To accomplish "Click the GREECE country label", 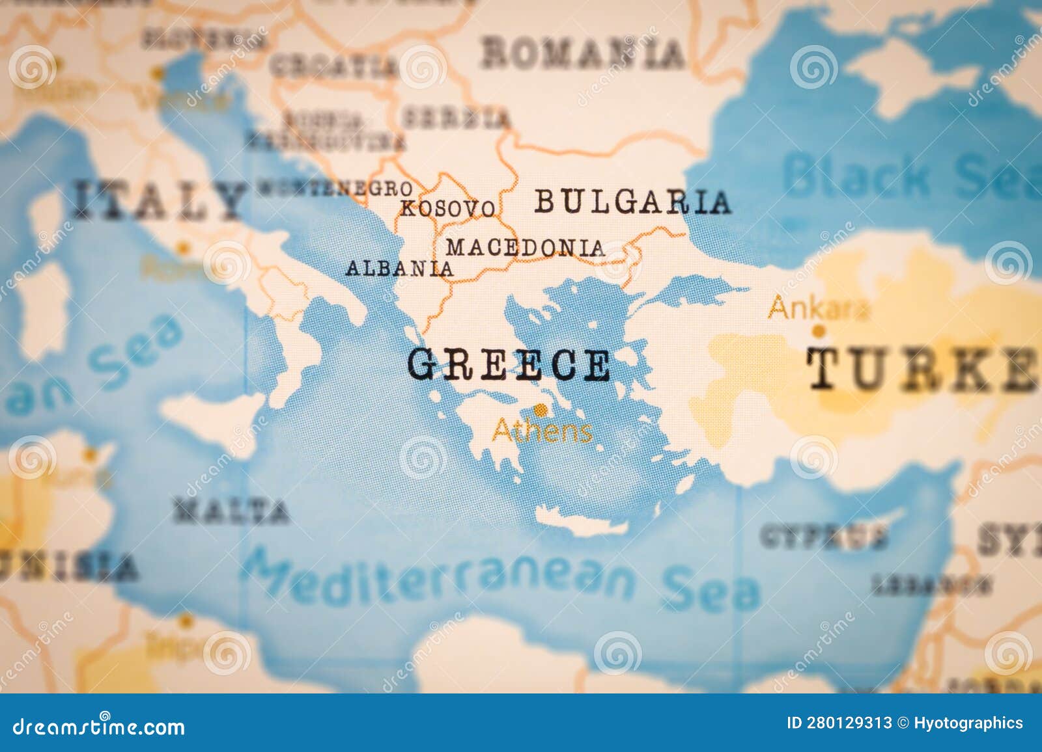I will (509, 364).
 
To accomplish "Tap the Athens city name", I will (542, 431).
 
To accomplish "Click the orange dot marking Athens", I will (540, 410).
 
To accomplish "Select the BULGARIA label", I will (632, 202).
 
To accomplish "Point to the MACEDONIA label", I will (525, 248).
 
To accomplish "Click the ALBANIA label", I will (399, 268).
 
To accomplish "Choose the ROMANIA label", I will (583, 53).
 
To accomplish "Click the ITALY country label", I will (159, 201).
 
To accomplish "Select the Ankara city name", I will (818, 307).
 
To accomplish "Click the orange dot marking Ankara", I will (819, 331).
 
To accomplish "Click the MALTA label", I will (231, 511).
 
